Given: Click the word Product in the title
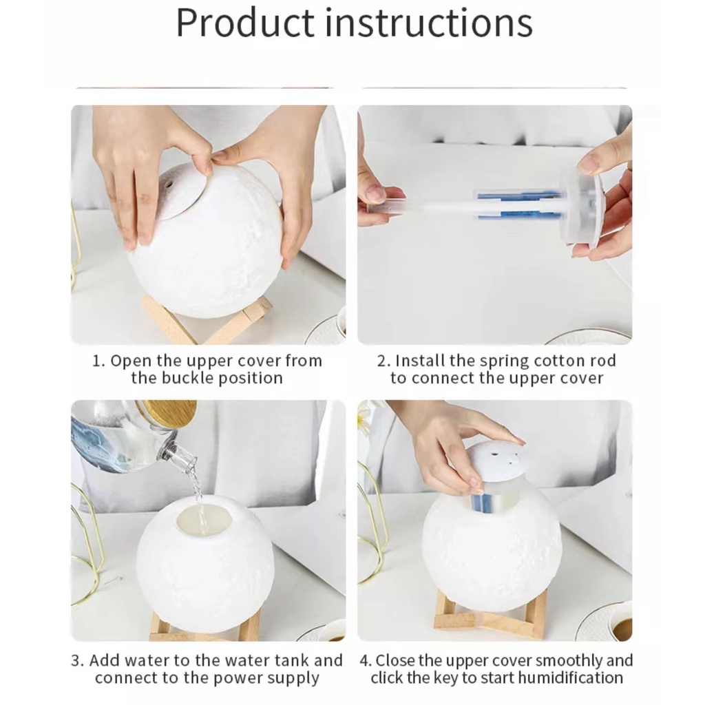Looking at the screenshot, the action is click(245, 23).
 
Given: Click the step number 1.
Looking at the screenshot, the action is click(97, 361).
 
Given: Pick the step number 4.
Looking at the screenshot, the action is click(365, 661).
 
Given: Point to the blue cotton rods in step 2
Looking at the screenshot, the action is click(519, 205).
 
